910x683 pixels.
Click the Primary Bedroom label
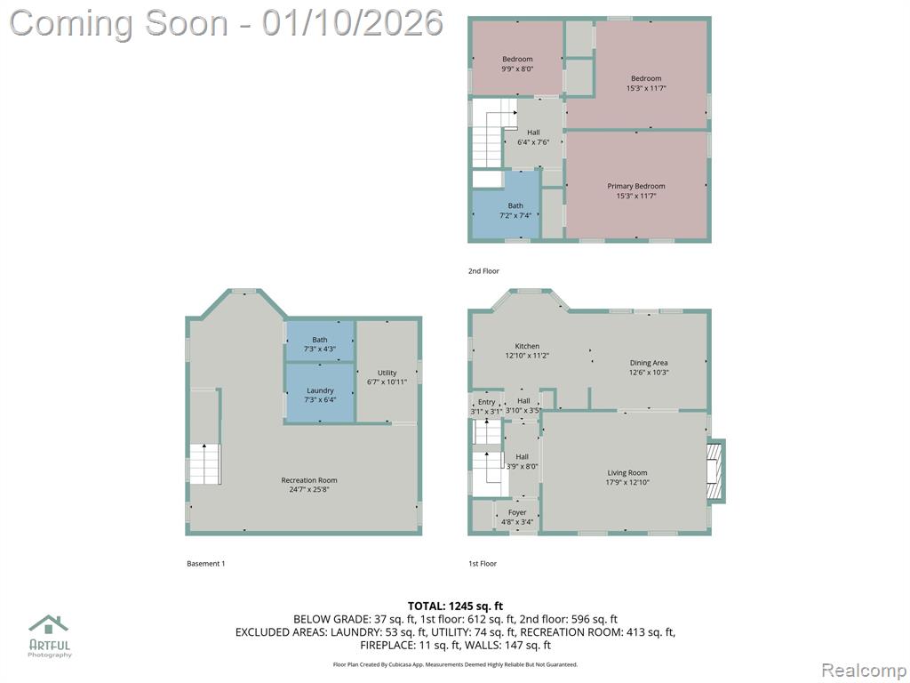pos(636,186)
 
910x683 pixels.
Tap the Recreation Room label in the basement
pos(308,480)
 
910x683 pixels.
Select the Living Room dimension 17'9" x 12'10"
pos(627,482)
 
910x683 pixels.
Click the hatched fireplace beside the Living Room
pos(715,471)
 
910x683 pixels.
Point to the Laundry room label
pos(320,390)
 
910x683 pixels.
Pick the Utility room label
pos(387,373)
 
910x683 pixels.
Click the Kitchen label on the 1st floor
pos(527,346)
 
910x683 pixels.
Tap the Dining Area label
pos(649,363)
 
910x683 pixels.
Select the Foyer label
pos(517,513)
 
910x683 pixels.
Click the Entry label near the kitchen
pos(486,402)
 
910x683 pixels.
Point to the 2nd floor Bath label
pos(515,205)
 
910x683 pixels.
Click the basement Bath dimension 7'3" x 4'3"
pos(320,349)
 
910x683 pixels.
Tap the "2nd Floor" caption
pos(483,271)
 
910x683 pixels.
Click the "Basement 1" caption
pos(205,563)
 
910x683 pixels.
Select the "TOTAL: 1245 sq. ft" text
pos(455,607)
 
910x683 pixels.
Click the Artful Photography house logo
pos(49,624)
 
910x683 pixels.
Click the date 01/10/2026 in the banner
pos(352,23)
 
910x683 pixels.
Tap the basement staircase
pos(205,463)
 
